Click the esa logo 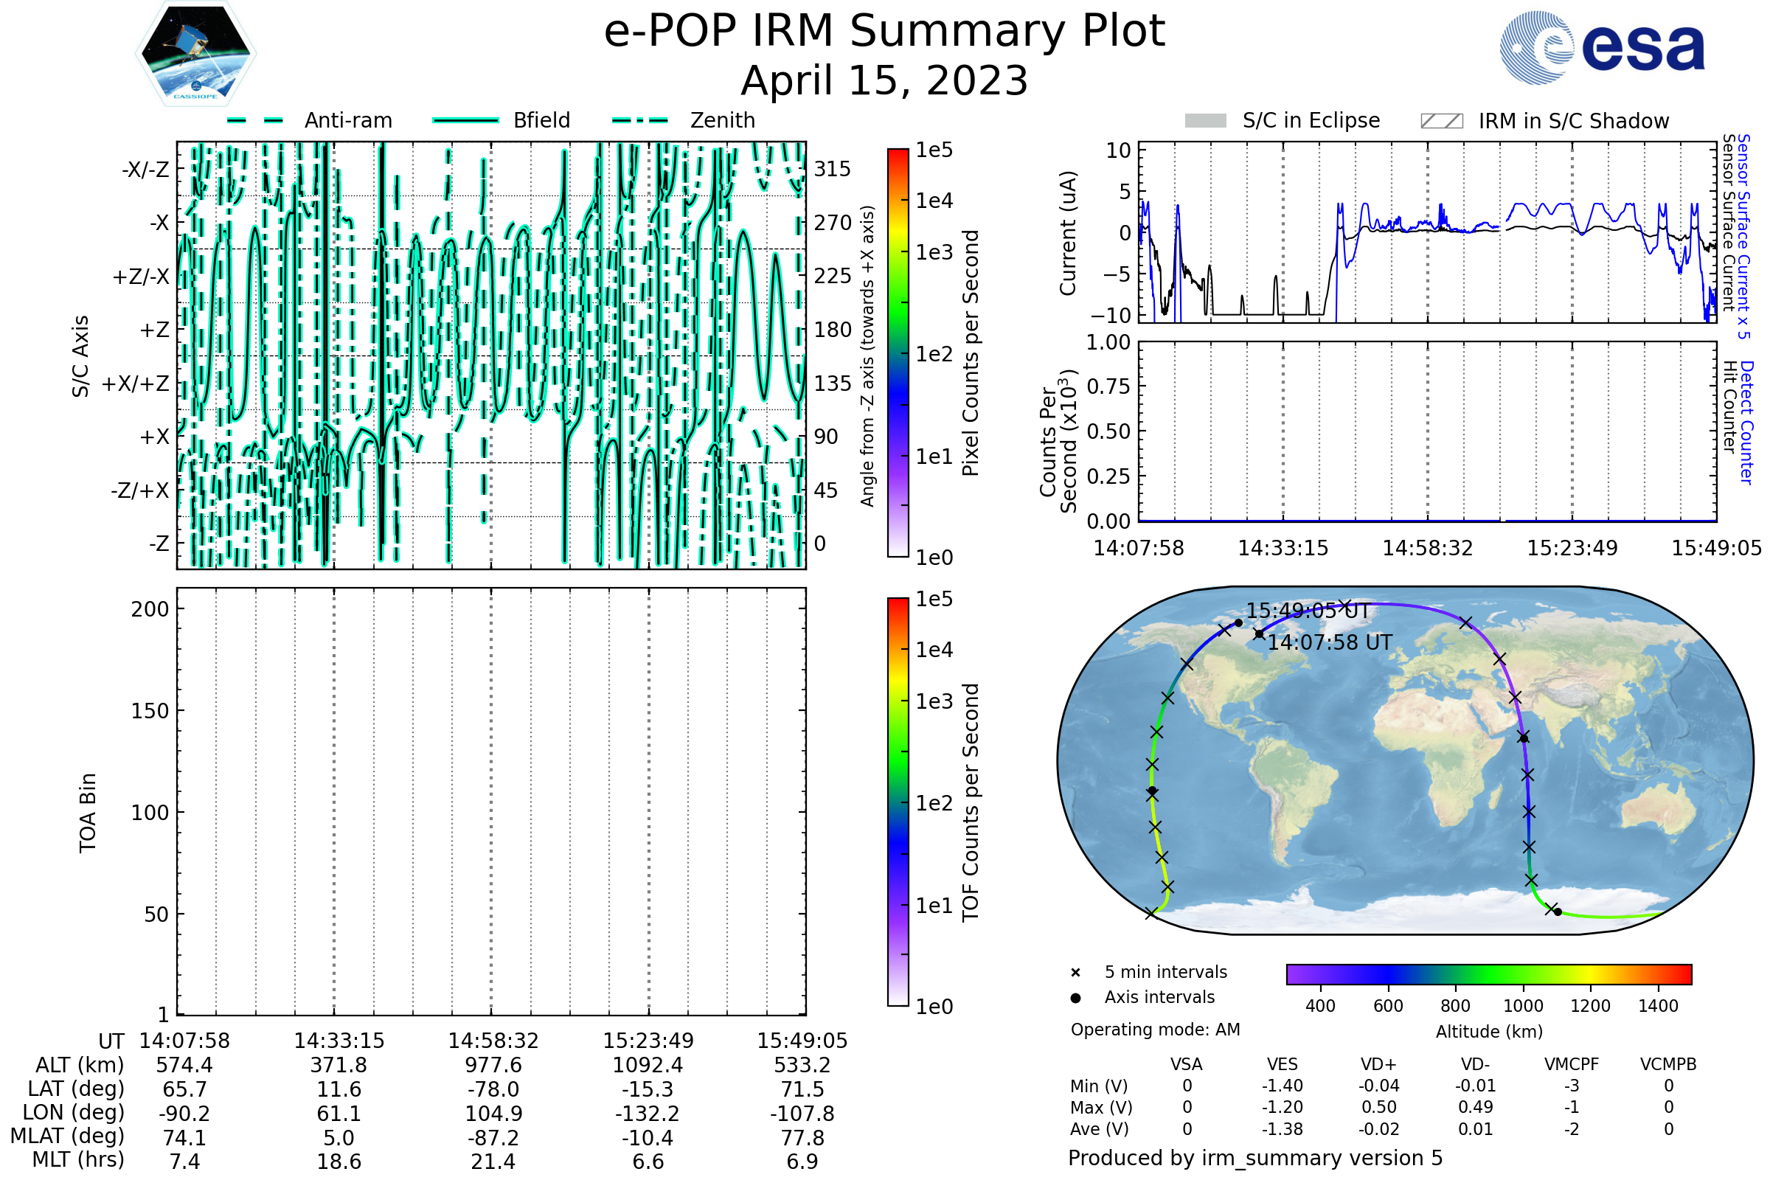tap(1601, 46)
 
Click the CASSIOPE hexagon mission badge tap(195, 52)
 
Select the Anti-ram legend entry tap(309, 120)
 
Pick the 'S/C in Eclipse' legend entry tap(1283, 120)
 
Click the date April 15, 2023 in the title tap(884, 80)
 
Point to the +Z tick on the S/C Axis tap(154, 330)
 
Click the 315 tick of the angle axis tap(833, 169)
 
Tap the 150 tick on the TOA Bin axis tap(150, 710)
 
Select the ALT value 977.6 tap(493, 1065)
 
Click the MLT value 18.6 tap(339, 1161)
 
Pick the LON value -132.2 tap(648, 1113)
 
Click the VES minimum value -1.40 tap(1283, 1086)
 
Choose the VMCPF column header tap(1572, 1064)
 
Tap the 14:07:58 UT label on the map tap(1330, 642)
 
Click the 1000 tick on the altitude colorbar tap(1523, 1006)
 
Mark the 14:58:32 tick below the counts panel tap(1428, 548)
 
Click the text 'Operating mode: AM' tap(1155, 1030)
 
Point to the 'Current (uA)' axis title tap(1068, 233)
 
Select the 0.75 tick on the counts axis tap(1108, 386)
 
